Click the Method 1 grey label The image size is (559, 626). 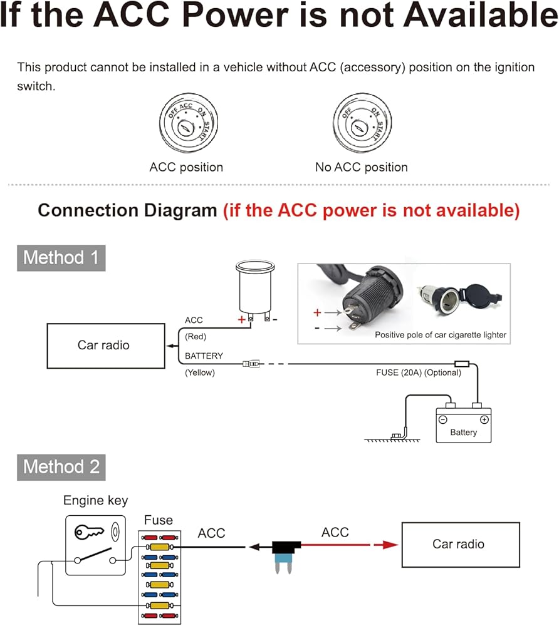[x=61, y=258]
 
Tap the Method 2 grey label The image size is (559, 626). [x=61, y=467]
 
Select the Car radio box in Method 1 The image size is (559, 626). [x=106, y=346]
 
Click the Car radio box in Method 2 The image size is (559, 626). [x=461, y=545]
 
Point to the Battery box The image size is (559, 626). [x=464, y=425]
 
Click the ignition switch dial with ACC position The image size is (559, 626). [x=189, y=123]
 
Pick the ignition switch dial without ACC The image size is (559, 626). [x=362, y=123]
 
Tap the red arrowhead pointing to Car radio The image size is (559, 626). [x=386, y=545]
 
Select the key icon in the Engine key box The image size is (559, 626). [x=89, y=532]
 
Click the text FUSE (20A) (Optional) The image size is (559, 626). [x=419, y=372]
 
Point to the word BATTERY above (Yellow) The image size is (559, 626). [x=204, y=356]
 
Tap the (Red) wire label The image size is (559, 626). [x=196, y=337]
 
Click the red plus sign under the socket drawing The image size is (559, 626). [x=241, y=319]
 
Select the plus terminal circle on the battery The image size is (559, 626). [x=484, y=419]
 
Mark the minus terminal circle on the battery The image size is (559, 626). [x=442, y=419]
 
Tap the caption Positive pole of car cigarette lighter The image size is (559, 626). [x=441, y=335]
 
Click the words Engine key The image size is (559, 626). [x=95, y=501]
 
